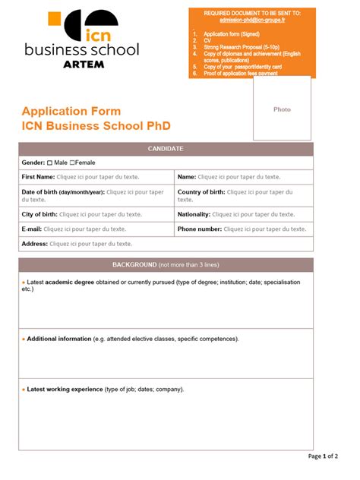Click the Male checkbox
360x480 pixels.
click(x=50, y=163)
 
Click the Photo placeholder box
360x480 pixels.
click(x=282, y=109)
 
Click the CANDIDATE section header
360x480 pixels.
click(x=165, y=149)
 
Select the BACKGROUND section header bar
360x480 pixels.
click(x=165, y=265)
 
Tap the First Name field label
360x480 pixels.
click(x=38, y=177)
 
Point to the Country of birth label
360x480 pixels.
click(x=201, y=192)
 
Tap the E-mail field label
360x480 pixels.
click(x=31, y=229)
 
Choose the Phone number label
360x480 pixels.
click(x=199, y=229)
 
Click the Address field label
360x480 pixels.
click(x=34, y=244)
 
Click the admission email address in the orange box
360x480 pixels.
click(x=251, y=21)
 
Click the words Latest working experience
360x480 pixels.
click(x=65, y=389)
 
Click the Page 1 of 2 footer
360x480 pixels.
click(x=323, y=456)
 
